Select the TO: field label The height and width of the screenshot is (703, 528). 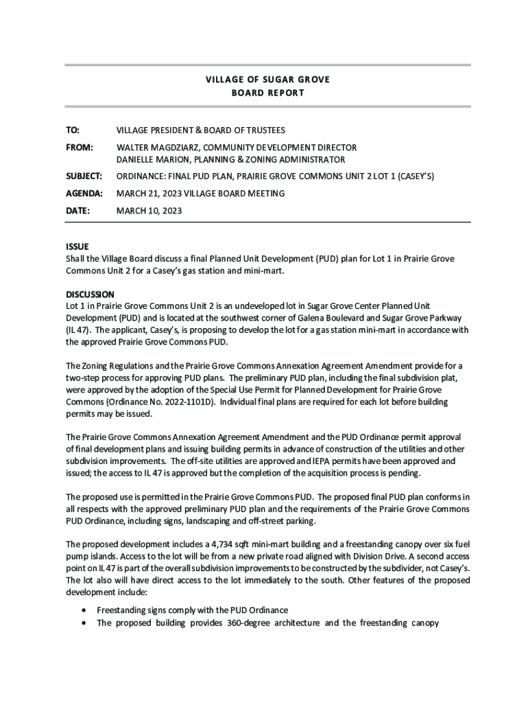click(x=72, y=130)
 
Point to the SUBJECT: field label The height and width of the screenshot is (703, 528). click(x=84, y=176)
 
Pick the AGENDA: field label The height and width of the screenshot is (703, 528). click(x=84, y=194)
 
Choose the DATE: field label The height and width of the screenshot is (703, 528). click(x=77, y=211)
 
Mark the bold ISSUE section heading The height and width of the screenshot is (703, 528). click(x=77, y=246)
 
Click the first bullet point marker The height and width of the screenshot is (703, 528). click(x=84, y=610)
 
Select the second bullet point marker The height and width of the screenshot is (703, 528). click(x=84, y=623)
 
